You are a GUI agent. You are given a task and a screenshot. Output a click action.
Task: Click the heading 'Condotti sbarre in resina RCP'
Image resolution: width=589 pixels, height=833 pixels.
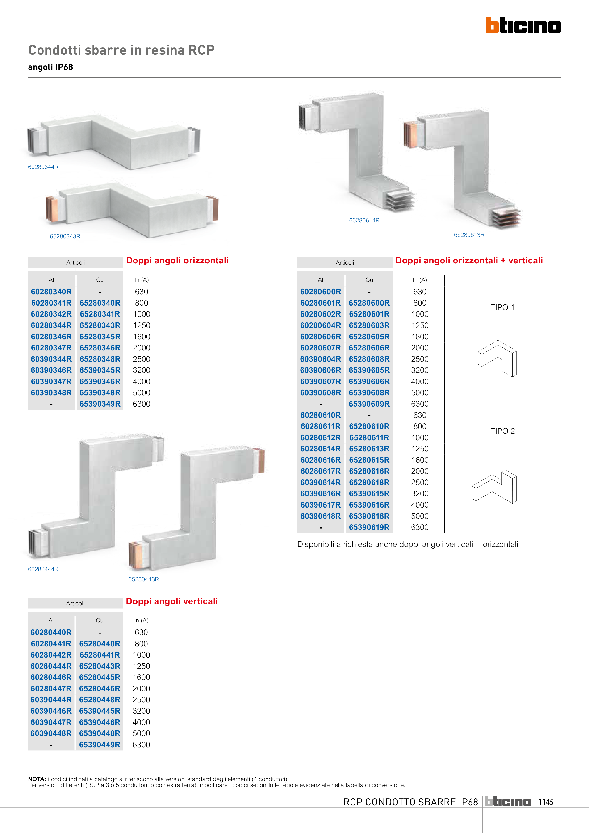click(x=121, y=50)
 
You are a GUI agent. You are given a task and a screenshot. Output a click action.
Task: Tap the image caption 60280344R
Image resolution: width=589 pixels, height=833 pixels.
click(x=43, y=167)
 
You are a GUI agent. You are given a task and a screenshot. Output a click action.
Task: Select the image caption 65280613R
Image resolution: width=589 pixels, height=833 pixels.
click(x=469, y=235)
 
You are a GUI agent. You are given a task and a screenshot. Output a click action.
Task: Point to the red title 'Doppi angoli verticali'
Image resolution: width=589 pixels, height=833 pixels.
click(x=172, y=601)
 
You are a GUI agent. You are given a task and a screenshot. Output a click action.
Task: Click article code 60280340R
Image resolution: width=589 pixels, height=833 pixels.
click(x=51, y=292)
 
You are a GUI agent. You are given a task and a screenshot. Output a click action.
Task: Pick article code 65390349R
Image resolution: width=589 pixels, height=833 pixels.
click(x=100, y=404)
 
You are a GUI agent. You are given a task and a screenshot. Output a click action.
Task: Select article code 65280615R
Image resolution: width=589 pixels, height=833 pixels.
click(x=369, y=460)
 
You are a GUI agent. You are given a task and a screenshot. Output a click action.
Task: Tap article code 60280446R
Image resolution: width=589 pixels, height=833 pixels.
click(x=51, y=677)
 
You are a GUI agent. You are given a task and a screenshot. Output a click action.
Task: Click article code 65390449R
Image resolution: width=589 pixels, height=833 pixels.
click(x=100, y=745)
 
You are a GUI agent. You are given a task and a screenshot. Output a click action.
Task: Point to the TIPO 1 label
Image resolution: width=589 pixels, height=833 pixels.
click(x=502, y=307)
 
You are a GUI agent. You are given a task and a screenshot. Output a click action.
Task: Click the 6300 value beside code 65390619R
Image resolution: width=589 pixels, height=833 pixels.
click(x=420, y=527)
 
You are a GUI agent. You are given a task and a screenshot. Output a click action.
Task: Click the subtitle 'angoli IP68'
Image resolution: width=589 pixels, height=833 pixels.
click(x=50, y=67)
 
